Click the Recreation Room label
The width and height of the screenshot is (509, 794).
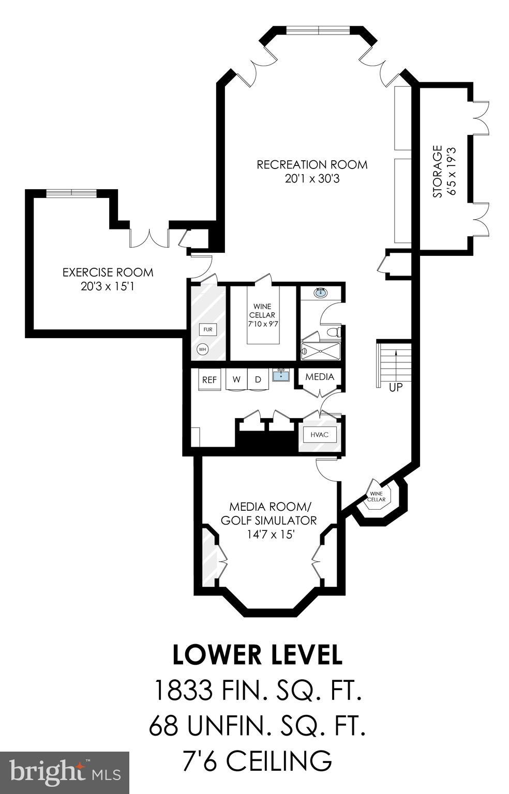[312, 165]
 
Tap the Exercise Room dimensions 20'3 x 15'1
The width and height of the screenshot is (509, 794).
[108, 286]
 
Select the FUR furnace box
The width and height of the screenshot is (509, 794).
[207, 329]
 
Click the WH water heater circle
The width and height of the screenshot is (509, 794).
[202, 349]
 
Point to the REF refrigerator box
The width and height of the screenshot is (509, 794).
[209, 379]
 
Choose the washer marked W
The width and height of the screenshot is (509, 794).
[236, 379]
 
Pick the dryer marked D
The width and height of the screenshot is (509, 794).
[258, 379]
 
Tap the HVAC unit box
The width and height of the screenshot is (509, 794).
[319, 435]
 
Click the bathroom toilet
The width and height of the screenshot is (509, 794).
[334, 331]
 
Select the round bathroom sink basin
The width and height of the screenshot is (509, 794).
[321, 293]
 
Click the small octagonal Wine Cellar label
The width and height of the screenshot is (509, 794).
[377, 496]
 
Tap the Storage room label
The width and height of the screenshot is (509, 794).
[438, 172]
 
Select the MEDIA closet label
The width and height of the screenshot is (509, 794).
[319, 377]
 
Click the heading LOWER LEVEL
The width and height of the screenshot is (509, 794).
[257, 654]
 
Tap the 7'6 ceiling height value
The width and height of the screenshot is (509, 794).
[200, 760]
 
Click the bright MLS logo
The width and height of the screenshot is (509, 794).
[65, 773]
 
